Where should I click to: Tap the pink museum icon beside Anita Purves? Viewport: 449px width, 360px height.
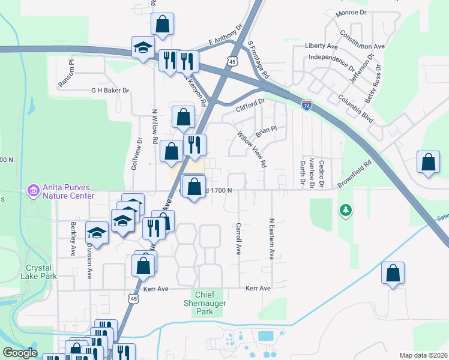coord(33,191)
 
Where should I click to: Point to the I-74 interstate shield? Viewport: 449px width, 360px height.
coord(307,106)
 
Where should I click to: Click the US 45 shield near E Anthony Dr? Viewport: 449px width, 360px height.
coord(232,61)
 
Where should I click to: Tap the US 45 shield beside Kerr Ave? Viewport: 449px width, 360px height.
coord(133,298)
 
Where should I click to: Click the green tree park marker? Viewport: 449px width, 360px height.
coord(345,210)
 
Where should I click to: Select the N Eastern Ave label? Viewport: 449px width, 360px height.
coord(272,239)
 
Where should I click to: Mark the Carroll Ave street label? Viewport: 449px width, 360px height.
coord(238,239)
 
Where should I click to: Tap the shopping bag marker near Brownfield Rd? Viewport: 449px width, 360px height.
coord(427,163)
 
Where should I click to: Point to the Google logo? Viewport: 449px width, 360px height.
coord(20,353)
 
